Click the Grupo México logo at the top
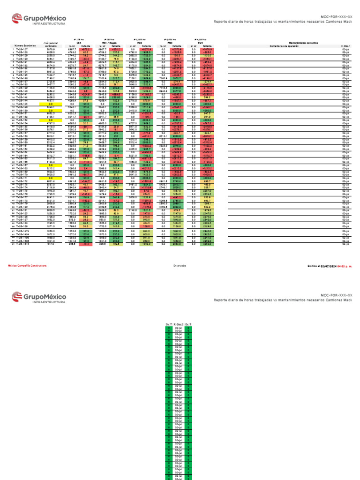pyautogui.click(x=39, y=21)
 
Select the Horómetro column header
pyautogui.click(x=51, y=45)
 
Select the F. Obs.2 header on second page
pyautogui.click(x=178, y=324)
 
